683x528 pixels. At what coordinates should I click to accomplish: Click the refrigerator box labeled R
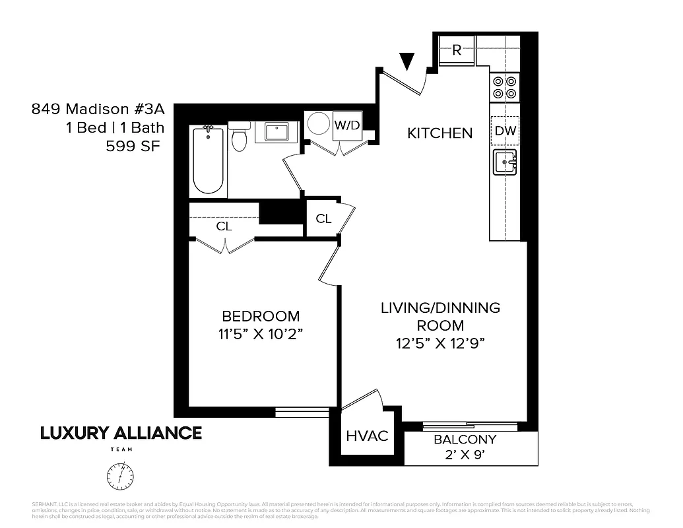457,51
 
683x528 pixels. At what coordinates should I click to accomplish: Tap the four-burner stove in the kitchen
505,87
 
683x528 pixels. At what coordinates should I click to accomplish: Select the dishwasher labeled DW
505,131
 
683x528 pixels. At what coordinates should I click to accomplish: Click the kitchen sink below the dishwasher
505,162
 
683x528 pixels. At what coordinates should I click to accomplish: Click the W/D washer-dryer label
347,125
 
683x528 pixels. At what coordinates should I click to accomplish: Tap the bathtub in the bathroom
209,161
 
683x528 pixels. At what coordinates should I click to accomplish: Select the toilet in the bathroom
239,138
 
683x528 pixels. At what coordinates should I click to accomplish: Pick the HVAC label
367,437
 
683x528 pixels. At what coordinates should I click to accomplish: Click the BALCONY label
465,440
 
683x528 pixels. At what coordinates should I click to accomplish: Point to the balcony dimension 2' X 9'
465,454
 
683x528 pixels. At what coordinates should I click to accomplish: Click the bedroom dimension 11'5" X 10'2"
260,333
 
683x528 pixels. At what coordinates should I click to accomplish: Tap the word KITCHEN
439,133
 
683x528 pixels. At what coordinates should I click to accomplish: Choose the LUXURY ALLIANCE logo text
121,433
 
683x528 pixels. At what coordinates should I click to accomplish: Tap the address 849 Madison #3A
98,109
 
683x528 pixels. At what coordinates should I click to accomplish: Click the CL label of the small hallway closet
323,219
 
